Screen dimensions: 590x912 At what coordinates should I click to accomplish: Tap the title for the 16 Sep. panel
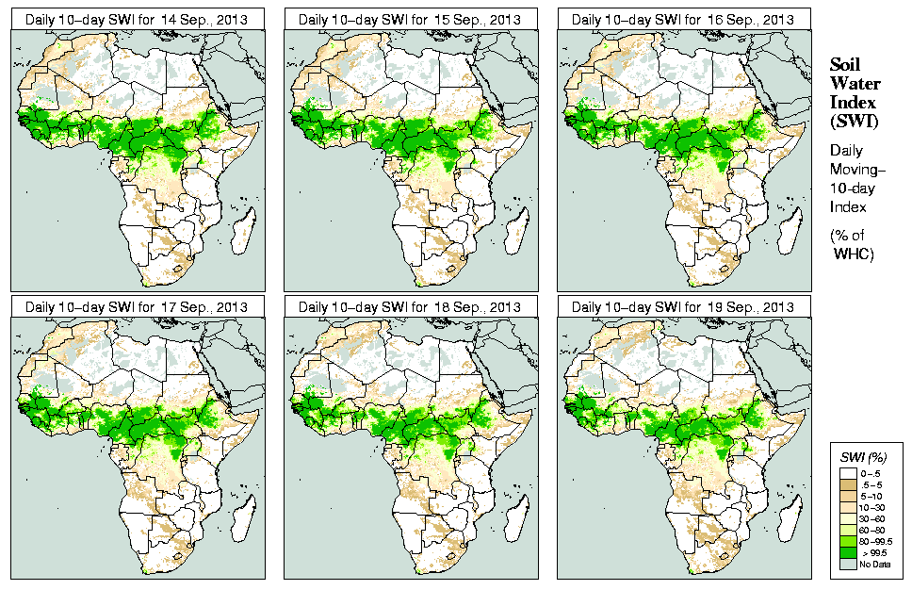pos(684,20)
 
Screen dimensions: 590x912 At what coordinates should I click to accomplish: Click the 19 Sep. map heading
pos(684,307)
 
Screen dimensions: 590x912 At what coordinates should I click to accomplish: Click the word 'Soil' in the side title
pos(844,64)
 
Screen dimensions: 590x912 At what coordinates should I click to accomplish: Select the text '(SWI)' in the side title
pos(852,122)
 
